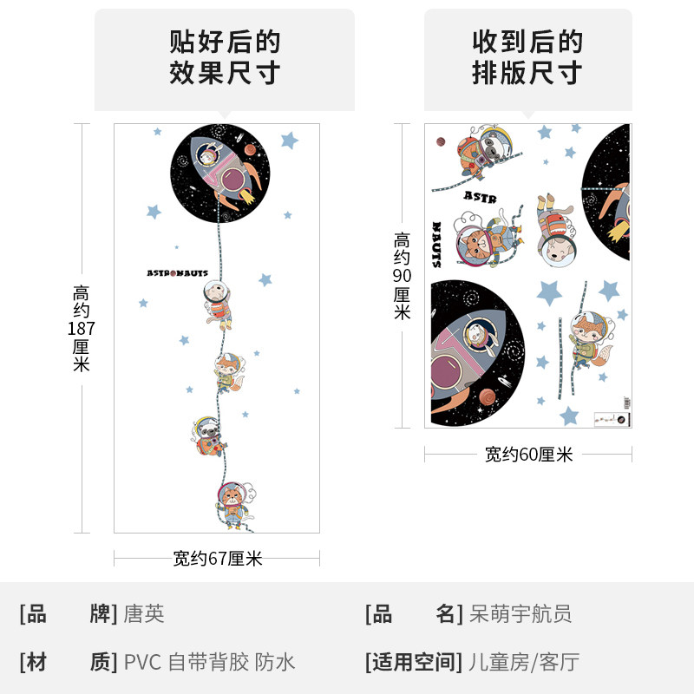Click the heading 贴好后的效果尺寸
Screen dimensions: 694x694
pos(225,57)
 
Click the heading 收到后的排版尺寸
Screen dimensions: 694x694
pos(527,57)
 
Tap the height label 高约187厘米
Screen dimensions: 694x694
pos(82,329)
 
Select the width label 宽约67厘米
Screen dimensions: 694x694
pos(217,560)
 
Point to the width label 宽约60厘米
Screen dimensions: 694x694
pos(528,455)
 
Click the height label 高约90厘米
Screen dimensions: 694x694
pos(402,276)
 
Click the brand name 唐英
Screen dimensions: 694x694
pos(144,615)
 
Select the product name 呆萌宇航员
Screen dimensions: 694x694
pos(520,615)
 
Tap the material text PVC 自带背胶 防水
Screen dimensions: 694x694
pos(209,663)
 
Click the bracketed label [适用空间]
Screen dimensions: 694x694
pos(413,663)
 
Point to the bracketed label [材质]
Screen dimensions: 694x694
pos(68,663)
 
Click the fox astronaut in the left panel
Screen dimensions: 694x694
pos(228,370)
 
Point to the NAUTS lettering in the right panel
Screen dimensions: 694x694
pos(436,245)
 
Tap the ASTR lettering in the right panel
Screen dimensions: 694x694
pos(480,197)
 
